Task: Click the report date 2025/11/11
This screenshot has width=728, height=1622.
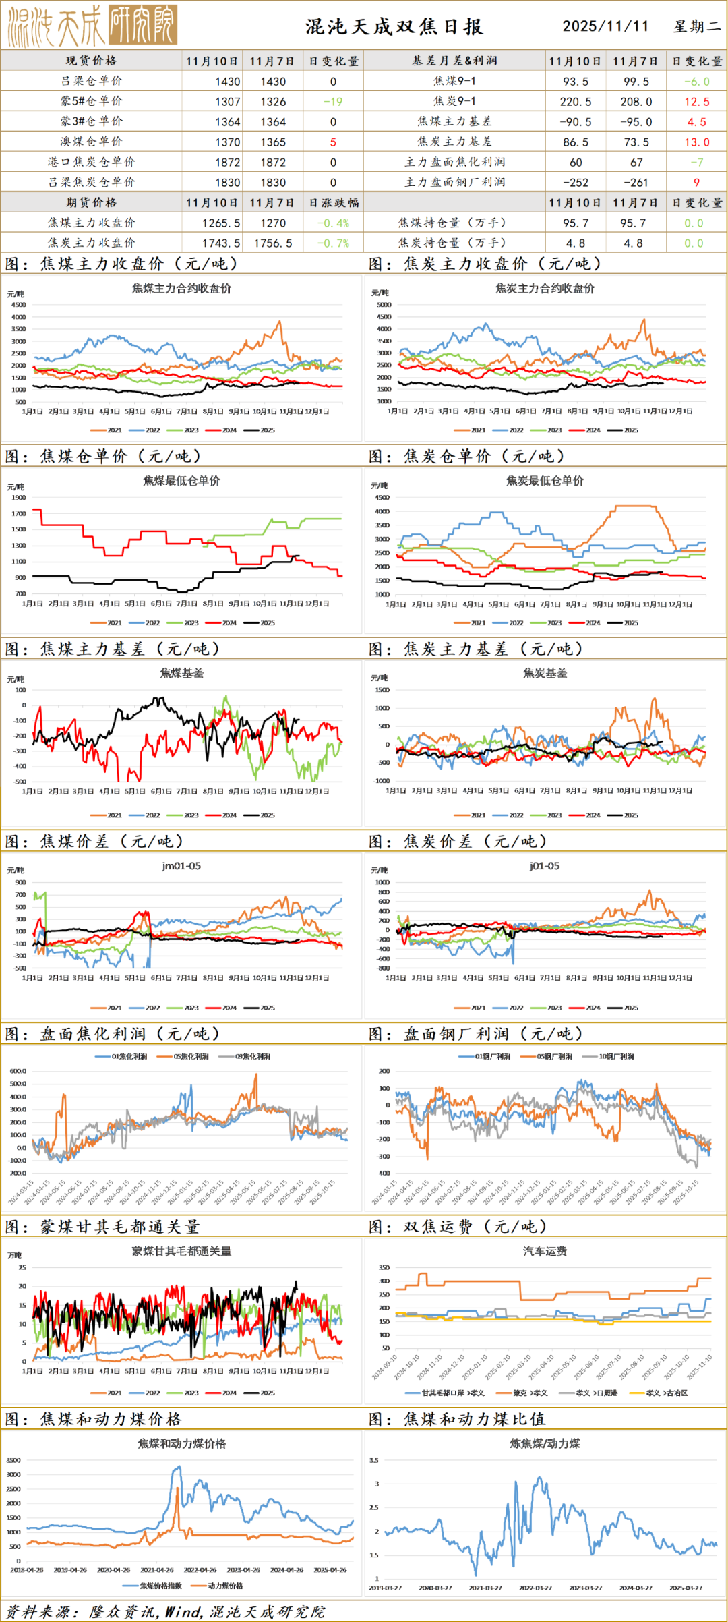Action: tap(605, 26)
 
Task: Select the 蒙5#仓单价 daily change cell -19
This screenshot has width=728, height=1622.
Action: tap(333, 102)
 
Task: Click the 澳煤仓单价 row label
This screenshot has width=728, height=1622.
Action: tap(92, 142)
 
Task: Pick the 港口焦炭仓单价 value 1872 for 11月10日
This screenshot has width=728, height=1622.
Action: tap(227, 163)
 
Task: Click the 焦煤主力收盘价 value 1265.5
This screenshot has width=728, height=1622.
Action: tap(221, 223)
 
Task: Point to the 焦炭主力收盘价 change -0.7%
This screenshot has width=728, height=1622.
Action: tap(333, 243)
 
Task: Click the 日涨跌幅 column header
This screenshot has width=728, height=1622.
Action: tap(334, 203)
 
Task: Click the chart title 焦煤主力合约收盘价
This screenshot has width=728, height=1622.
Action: tap(181, 289)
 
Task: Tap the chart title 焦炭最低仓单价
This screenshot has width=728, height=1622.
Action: tap(545, 481)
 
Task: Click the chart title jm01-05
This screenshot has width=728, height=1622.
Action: tap(181, 866)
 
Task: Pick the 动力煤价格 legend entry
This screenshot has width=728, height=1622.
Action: tap(220, 1586)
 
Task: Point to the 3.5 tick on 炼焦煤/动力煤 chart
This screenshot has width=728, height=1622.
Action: tap(374, 1460)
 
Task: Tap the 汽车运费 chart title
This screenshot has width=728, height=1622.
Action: tap(545, 1251)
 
